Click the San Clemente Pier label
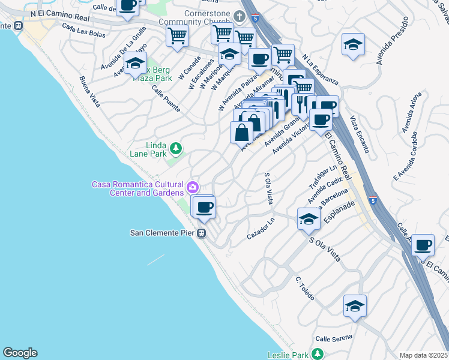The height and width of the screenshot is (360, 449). coord(163,233)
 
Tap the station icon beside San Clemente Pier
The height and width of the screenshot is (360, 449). coord(202,233)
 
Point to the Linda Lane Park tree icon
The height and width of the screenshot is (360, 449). coord(175,148)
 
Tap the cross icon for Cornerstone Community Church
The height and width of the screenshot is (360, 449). coord(240,16)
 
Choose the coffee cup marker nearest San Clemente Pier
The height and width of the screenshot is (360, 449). coord(204,208)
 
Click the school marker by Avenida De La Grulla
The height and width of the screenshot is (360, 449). coord(136,62)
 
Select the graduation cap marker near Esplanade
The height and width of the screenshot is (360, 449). coord(309,218)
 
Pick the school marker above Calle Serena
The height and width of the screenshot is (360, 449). coord(355,306)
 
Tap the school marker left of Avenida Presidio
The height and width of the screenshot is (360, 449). coord(354,44)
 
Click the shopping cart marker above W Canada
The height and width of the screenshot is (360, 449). coord(178,35)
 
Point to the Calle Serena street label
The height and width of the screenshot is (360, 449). coord(334,338)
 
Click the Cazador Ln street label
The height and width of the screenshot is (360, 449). coord(261,229)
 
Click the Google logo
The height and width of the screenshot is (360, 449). coord(20,353)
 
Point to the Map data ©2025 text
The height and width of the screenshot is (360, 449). coord(424,355)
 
